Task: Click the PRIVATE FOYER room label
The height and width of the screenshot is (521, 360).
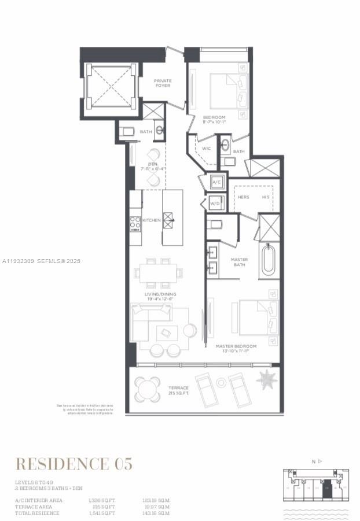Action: point(163,84)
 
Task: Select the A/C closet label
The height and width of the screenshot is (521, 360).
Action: point(217,182)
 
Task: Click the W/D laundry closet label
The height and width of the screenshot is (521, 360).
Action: point(215,204)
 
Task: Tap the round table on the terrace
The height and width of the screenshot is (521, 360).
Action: point(148,389)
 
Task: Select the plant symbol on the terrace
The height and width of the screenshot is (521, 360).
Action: point(267,380)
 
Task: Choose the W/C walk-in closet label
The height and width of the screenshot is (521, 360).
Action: point(207,149)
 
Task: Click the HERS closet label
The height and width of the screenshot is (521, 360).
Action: point(244,197)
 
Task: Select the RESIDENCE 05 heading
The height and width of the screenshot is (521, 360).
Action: point(74,463)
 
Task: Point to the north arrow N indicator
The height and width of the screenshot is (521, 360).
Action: point(315,461)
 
